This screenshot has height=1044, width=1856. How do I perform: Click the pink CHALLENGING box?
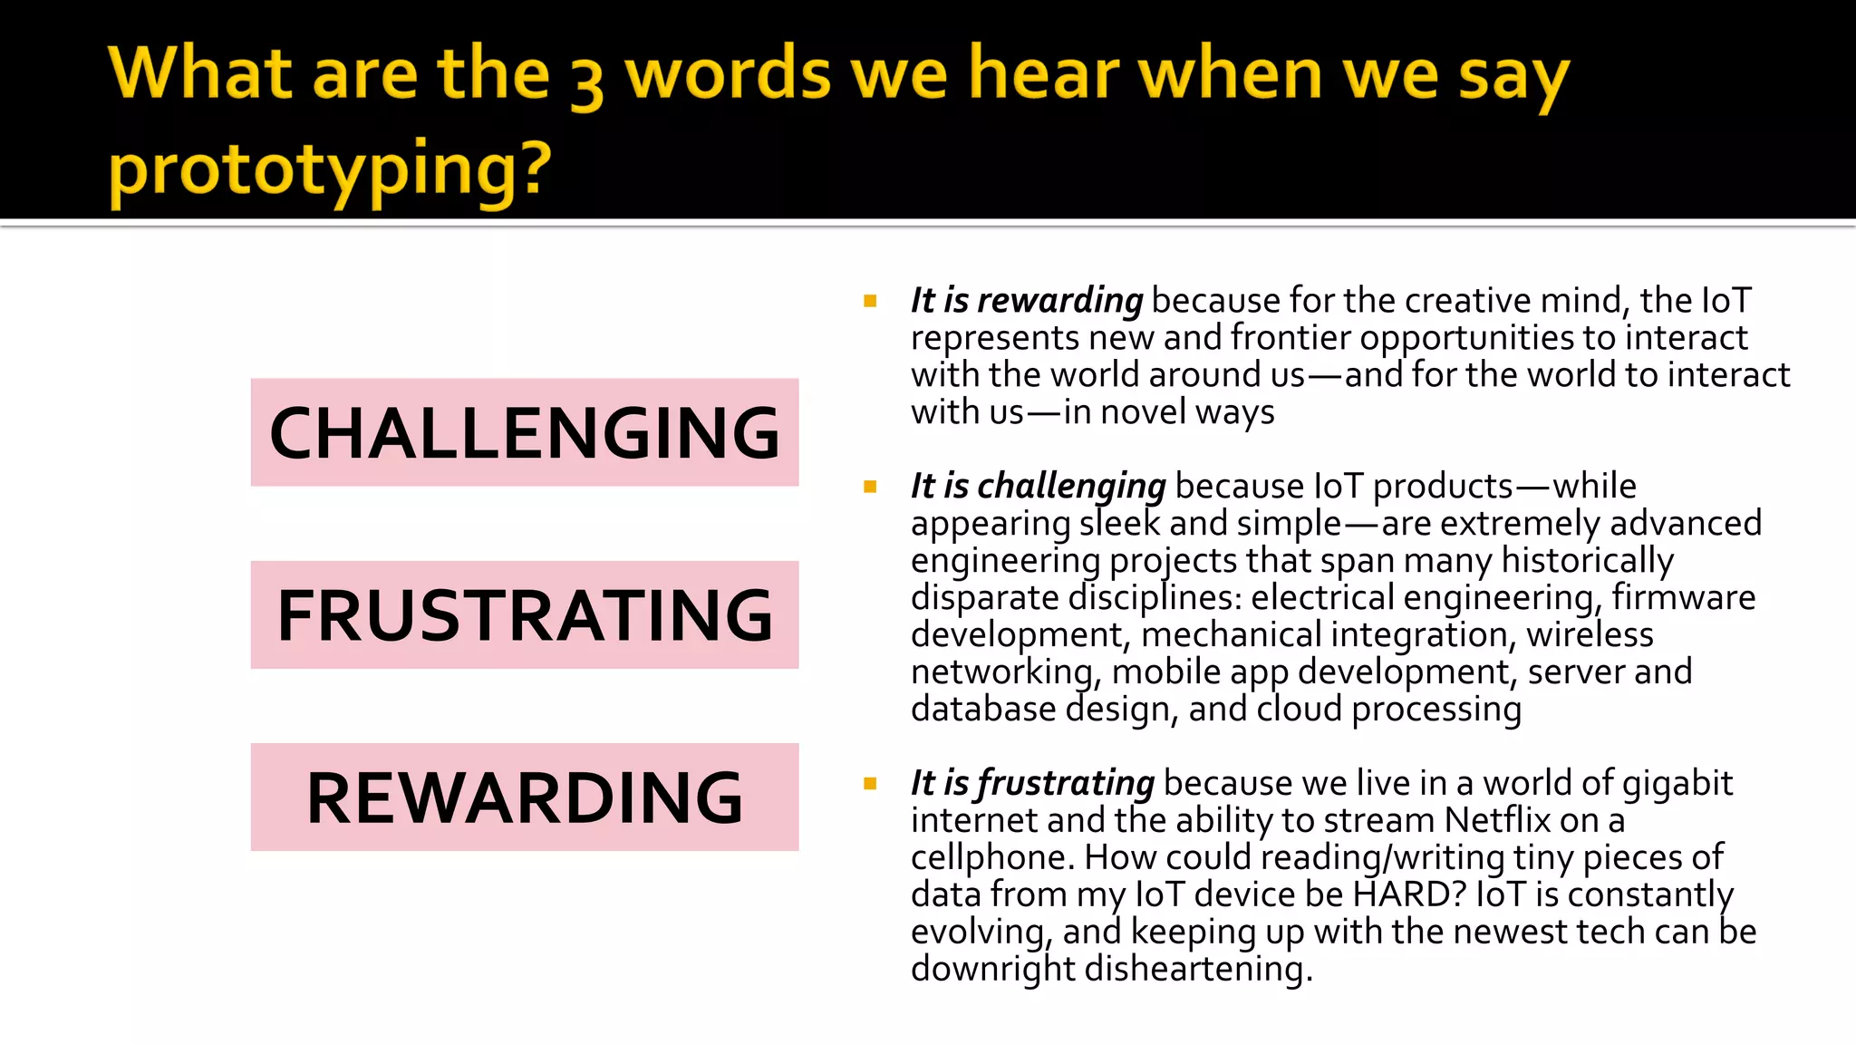(525, 432)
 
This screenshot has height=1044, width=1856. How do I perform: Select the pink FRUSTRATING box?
(525, 614)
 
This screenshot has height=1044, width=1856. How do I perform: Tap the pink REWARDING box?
(525, 797)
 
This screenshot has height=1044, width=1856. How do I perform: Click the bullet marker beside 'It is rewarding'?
(870, 301)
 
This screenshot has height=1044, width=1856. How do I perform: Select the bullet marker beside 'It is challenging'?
(870, 487)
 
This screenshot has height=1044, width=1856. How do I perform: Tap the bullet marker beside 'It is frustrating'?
(870, 783)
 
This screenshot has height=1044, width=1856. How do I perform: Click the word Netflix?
(1497, 820)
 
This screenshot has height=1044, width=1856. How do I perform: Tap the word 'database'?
(983, 710)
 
